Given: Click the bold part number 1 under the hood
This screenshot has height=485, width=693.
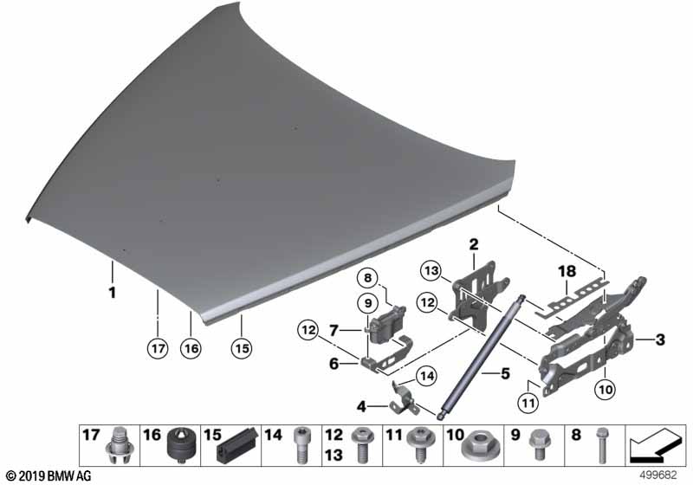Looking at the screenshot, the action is pyautogui.click(x=113, y=293).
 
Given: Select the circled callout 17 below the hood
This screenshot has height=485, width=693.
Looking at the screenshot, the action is pyautogui.click(x=158, y=348).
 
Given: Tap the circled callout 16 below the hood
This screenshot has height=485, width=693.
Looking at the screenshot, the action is pyautogui.click(x=191, y=348).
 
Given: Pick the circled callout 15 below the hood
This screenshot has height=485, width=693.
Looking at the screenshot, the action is pyautogui.click(x=242, y=348).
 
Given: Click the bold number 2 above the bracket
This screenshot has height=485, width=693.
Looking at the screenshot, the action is pyautogui.click(x=474, y=244).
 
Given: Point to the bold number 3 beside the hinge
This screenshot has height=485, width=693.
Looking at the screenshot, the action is pyautogui.click(x=660, y=339).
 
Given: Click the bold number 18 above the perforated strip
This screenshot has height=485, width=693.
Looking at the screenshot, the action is pyautogui.click(x=567, y=271).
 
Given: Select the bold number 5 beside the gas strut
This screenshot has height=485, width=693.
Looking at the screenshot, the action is pyautogui.click(x=505, y=373).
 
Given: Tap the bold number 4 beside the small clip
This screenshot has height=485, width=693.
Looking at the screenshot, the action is pyautogui.click(x=361, y=406).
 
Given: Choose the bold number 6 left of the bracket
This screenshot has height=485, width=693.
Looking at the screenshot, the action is pyautogui.click(x=334, y=364).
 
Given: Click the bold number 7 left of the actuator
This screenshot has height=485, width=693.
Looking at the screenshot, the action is pyautogui.click(x=334, y=329).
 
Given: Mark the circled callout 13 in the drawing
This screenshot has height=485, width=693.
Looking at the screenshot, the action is pyautogui.click(x=431, y=270).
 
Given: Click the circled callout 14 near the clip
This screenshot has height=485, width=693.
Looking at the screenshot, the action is pyautogui.click(x=427, y=376).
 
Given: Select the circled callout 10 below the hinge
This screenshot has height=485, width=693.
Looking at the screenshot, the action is pyautogui.click(x=605, y=389).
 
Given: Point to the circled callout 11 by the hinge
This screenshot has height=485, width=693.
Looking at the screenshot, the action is pyautogui.click(x=528, y=403).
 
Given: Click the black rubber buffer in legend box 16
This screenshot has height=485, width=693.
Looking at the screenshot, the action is pyautogui.click(x=182, y=445).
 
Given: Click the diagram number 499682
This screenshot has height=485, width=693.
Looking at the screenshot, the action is pyautogui.click(x=658, y=475).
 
